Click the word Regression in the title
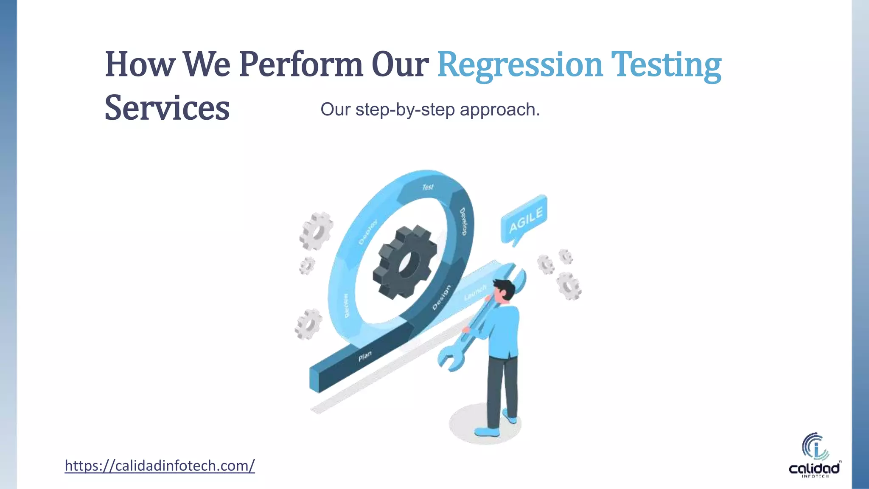[519, 65]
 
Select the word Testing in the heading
[666, 65]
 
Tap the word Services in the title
[167, 108]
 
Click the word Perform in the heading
[300, 65]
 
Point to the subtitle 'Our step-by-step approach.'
[430, 110]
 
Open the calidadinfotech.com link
[160, 466]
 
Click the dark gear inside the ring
[404, 262]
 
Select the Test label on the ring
[428, 187]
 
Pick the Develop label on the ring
[463, 221]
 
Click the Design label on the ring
[441, 297]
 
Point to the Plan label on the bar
[365, 356]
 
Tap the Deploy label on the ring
[367, 232]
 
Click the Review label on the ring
[346, 306]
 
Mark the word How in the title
[140, 65]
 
